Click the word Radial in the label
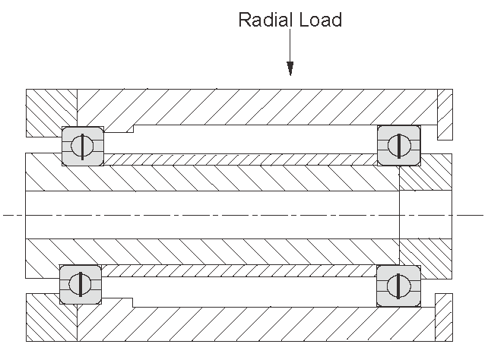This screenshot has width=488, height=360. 263,20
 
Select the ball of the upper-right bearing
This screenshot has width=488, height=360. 398,144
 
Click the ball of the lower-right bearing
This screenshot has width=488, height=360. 398,286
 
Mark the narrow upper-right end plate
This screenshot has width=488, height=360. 445,114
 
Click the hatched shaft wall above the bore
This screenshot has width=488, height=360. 213,178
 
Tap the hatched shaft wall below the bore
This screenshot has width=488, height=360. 213,251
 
